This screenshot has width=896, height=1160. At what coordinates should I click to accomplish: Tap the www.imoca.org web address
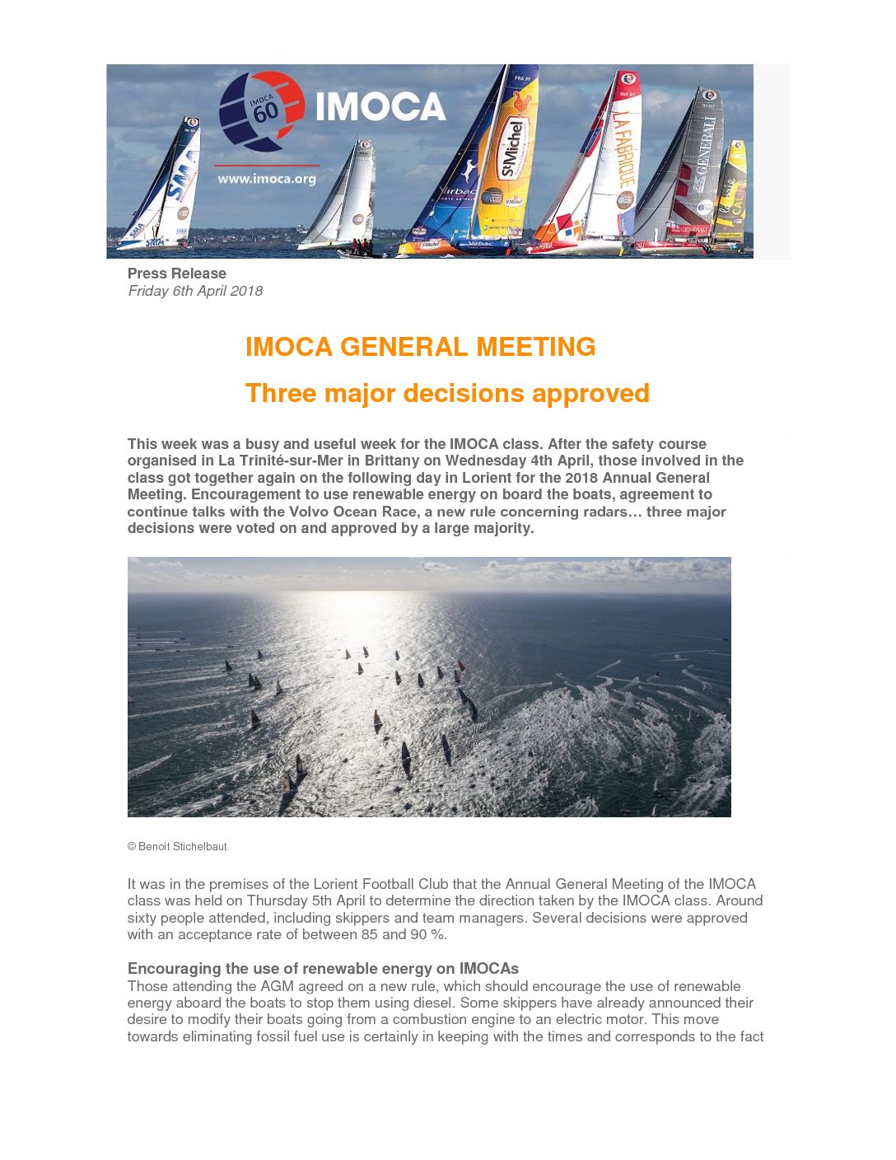[x=266, y=178]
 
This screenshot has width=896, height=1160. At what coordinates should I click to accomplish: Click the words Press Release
[x=176, y=274]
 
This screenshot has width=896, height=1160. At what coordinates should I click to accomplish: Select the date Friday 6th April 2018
[x=195, y=291]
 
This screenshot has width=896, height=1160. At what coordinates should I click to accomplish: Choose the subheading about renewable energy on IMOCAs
[x=323, y=968]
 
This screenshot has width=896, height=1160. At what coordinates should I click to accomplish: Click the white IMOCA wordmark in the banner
[x=380, y=107]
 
